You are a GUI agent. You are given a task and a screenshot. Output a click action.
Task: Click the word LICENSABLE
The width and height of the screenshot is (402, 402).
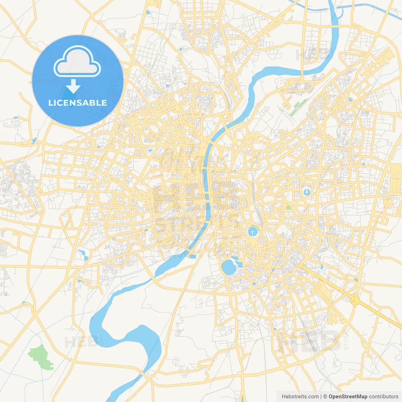coord(78,103)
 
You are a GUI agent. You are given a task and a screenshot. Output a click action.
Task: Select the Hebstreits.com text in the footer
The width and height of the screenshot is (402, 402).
coord(300,397)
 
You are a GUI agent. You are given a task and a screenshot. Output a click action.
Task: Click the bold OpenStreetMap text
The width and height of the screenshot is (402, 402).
coord(348,397)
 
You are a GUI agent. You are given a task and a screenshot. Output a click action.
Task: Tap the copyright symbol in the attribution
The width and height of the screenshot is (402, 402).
coord(325,397)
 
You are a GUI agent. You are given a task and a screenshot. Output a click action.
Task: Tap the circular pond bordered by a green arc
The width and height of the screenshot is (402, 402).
coord(253,232)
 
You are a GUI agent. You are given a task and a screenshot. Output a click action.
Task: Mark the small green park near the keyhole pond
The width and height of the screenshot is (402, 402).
coord(288,207)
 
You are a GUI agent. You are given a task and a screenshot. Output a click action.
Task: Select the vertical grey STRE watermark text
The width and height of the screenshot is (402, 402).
coord(346,341)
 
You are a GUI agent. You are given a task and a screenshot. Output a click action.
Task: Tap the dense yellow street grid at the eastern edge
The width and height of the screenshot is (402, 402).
coord(395,179)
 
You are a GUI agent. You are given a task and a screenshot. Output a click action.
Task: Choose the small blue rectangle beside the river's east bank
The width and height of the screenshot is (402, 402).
coord(193,257)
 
